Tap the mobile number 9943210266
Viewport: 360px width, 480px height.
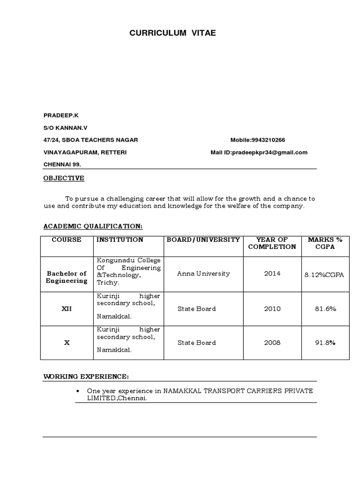click(268, 140)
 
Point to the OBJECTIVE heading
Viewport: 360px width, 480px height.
click(64, 178)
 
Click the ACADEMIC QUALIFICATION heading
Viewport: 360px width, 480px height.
click(93, 226)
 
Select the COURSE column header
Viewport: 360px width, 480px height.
click(67, 240)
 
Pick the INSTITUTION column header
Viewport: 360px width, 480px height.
click(120, 240)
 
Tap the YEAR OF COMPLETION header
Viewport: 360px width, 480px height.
click(272, 243)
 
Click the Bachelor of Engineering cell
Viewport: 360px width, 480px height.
click(67, 277)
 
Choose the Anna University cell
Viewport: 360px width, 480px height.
click(197, 274)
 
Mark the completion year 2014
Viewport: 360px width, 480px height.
click(272, 274)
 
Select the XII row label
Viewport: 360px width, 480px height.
click(67, 309)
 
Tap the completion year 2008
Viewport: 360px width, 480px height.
click(272, 343)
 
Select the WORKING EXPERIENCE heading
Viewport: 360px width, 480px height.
click(86, 376)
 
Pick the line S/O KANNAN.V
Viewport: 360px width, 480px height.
click(66, 127)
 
